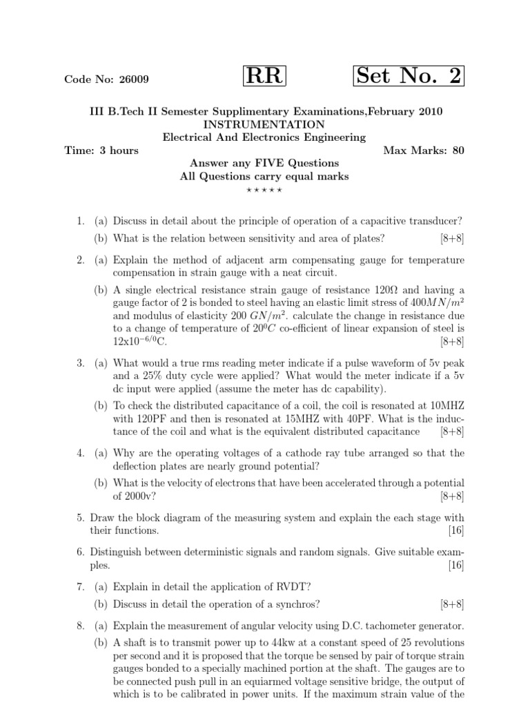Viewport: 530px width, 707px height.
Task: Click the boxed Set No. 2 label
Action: point(409,76)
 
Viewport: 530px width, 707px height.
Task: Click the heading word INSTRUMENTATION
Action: point(264,124)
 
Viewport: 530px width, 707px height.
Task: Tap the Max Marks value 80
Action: point(458,151)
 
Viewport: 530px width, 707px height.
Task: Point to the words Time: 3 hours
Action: point(101,151)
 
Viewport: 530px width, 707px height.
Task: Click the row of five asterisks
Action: point(264,189)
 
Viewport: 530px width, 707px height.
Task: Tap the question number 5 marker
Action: point(80,518)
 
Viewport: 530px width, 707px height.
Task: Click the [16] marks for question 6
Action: point(456,565)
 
